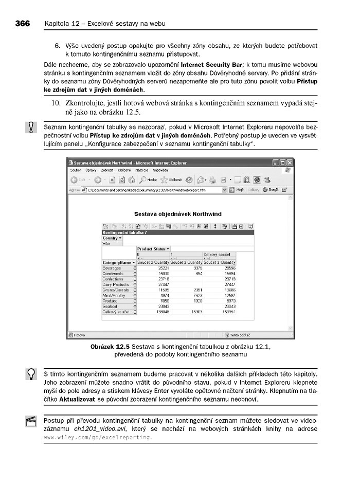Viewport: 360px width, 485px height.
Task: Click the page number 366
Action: (x=23, y=24)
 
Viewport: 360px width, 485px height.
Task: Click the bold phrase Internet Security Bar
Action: (x=211, y=65)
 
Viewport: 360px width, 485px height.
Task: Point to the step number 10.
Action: (x=57, y=103)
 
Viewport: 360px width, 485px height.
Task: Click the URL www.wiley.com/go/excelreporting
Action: (x=98, y=437)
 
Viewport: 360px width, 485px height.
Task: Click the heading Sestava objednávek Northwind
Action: (x=178, y=213)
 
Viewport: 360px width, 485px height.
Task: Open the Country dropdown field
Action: (x=112, y=238)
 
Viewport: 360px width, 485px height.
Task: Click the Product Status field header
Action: (x=153, y=248)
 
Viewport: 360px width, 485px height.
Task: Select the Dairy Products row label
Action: (x=116, y=284)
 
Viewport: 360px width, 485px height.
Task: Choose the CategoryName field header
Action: (x=118, y=262)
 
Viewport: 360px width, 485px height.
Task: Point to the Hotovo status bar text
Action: (x=79, y=334)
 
